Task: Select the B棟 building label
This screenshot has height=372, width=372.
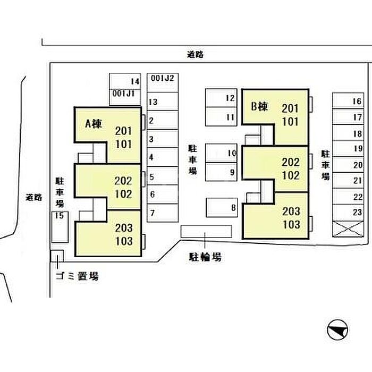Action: coord(259,107)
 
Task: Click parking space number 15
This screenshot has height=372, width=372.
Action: coord(59,215)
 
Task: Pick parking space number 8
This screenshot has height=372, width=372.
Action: coord(233,207)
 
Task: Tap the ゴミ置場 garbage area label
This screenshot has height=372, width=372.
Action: coord(77,276)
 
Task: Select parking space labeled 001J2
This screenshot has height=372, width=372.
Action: coord(163,78)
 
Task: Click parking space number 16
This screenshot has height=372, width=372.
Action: coord(357,102)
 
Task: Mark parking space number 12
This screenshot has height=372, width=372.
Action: coord(230,98)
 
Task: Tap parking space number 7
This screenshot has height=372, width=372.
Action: coord(153,214)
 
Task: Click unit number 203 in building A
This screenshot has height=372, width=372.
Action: coord(123,227)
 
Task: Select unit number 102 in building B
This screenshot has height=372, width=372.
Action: coord(291,175)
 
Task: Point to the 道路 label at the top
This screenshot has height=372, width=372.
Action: coord(196,54)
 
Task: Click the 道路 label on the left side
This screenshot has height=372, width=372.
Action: coord(34,197)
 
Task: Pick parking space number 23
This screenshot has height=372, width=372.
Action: coord(357,212)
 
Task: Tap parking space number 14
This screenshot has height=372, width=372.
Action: coord(134,81)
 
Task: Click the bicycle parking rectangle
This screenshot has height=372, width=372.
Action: coord(206,231)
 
